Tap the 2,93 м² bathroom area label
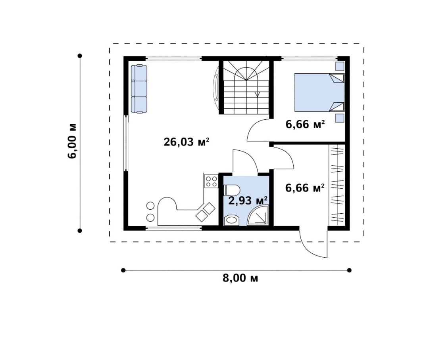tap(248, 201)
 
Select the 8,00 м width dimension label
tap(240, 278)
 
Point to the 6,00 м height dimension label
tap(73, 141)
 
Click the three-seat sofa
tap(139, 88)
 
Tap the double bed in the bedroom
tap(319, 92)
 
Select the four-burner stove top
tap(212, 182)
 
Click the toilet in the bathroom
tap(231, 190)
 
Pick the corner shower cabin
tap(258, 215)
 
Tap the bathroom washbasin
tap(231, 220)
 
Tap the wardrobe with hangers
tap(337, 185)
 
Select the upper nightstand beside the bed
tap(340, 66)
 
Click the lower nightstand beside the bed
tap(340, 119)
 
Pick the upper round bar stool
tap(150, 206)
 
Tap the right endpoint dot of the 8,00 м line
tap(349, 270)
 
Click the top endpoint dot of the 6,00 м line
tap(80, 56)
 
